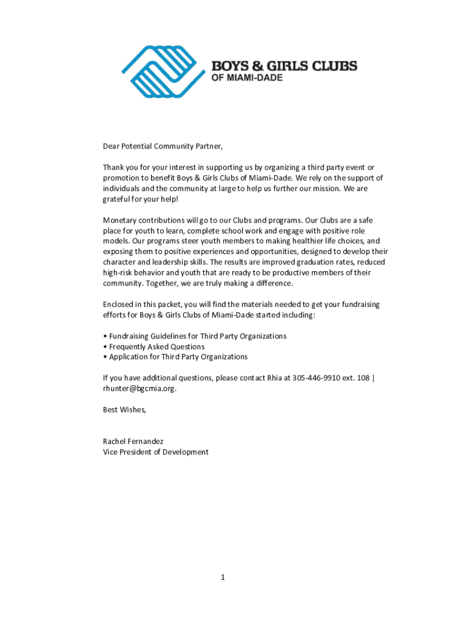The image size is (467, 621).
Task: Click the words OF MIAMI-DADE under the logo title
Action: pyautogui.click(x=246, y=78)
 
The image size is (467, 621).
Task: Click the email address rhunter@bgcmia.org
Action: pyautogui.click(x=139, y=389)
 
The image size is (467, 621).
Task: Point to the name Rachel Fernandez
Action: pyautogui.click(x=133, y=441)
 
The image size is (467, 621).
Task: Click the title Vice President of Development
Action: pyautogui.click(x=155, y=452)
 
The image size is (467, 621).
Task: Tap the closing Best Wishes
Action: pyautogui.click(x=124, y=410)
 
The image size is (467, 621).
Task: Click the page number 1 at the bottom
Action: pyautogui.click(x=223, y=577)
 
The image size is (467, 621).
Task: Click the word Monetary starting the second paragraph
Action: pyautogui.click(x=119, y=220)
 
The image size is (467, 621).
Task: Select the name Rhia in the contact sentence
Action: pyautogui.click(x=275, y=378)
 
